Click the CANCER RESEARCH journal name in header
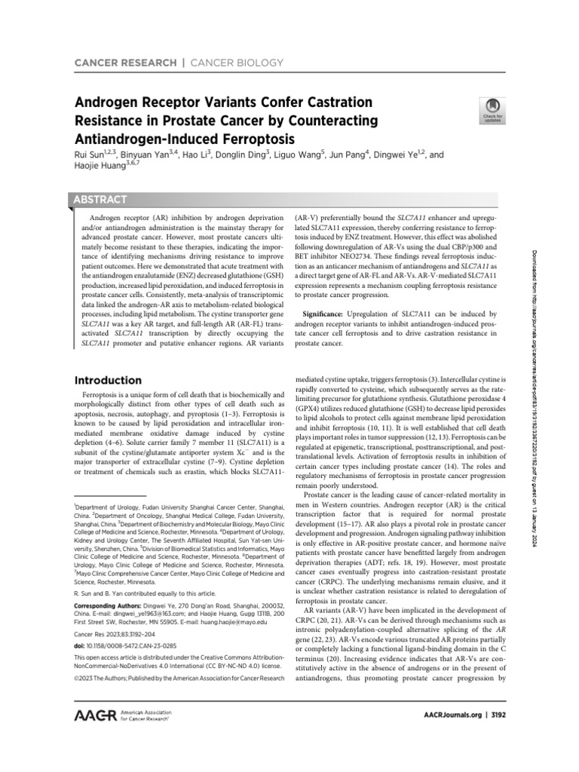coord(117,62)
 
